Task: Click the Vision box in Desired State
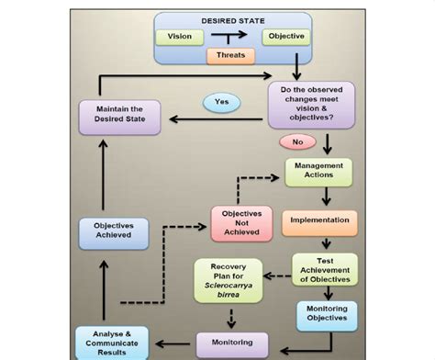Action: point(180,38)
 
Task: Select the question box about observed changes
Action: point(311,105)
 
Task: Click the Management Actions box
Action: point(318,172)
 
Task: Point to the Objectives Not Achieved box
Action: point(242,223)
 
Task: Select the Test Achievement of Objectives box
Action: point(324,268)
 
